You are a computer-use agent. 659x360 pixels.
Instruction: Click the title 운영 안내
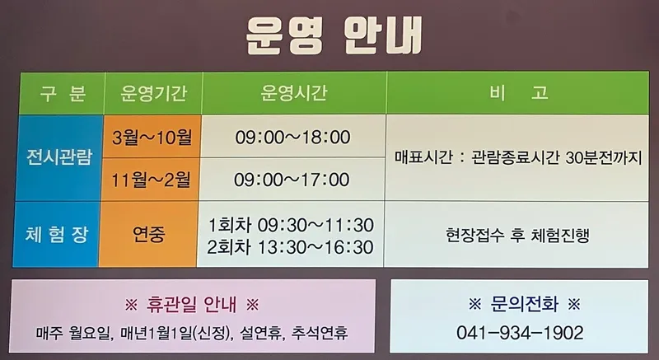tap(334, 35)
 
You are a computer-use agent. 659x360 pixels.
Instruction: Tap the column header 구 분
tap(63, 93)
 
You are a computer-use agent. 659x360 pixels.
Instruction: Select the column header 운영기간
tap(153, 93)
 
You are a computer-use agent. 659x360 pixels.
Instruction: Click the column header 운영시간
tap(294, 93)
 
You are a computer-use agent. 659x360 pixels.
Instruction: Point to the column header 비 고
tap(518, 93)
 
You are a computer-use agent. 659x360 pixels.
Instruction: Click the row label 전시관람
tap(59, 157)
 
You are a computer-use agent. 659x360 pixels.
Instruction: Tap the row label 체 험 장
tap(57, 235)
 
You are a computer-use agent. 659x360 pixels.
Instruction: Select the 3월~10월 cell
tap(152, 138)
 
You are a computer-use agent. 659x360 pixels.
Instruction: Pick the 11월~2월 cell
tap(151, 180)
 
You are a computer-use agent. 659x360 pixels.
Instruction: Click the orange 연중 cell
tap(149, 234)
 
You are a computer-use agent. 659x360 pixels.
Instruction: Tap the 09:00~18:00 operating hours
tap(292, 138)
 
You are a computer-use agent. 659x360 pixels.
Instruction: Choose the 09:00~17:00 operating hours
tap(292, 180)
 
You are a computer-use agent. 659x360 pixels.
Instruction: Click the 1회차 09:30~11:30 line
tap(291, 226)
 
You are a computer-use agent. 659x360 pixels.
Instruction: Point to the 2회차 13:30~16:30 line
tap(290, 247)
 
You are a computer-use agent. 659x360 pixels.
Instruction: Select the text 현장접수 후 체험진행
tap(517, 235)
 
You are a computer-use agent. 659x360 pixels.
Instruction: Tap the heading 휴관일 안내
tap(192, 304)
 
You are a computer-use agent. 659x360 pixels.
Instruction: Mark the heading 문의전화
tap(524, 304)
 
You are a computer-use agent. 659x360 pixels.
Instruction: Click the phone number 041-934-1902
tap(520, 333)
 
